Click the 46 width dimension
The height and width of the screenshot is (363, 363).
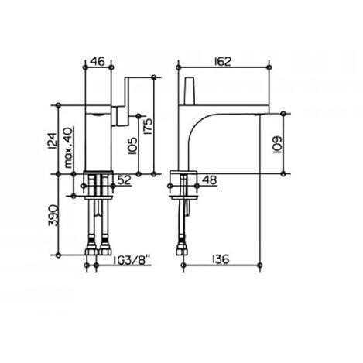[x=98, y=61]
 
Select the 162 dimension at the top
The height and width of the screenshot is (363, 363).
[x=222, y=61]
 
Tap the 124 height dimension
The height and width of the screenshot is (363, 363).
[x=53, y=141]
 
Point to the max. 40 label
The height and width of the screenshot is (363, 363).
[x=68, y=148]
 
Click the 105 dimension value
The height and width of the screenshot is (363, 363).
[x=132, y=146]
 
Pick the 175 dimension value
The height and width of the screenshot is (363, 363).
[x=149, y=127]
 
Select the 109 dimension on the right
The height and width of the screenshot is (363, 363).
[x=277, y=145]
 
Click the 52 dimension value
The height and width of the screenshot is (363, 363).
[x=124, y=180]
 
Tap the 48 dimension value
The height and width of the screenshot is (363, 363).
[x=210, y=180]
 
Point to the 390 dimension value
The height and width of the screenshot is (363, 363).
[x=53, y=215]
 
